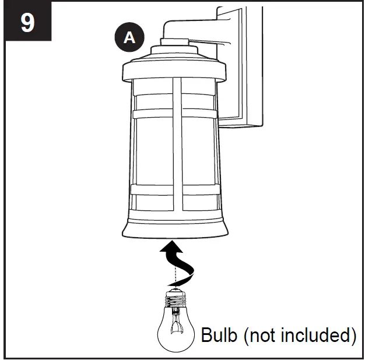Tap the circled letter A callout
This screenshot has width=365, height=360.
129,38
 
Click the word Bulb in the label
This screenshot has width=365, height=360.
219,336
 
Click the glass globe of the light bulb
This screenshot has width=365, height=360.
175,332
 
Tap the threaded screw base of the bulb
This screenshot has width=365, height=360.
174,301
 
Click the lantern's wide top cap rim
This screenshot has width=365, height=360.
174,73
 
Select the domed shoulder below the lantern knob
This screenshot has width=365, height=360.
174,54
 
